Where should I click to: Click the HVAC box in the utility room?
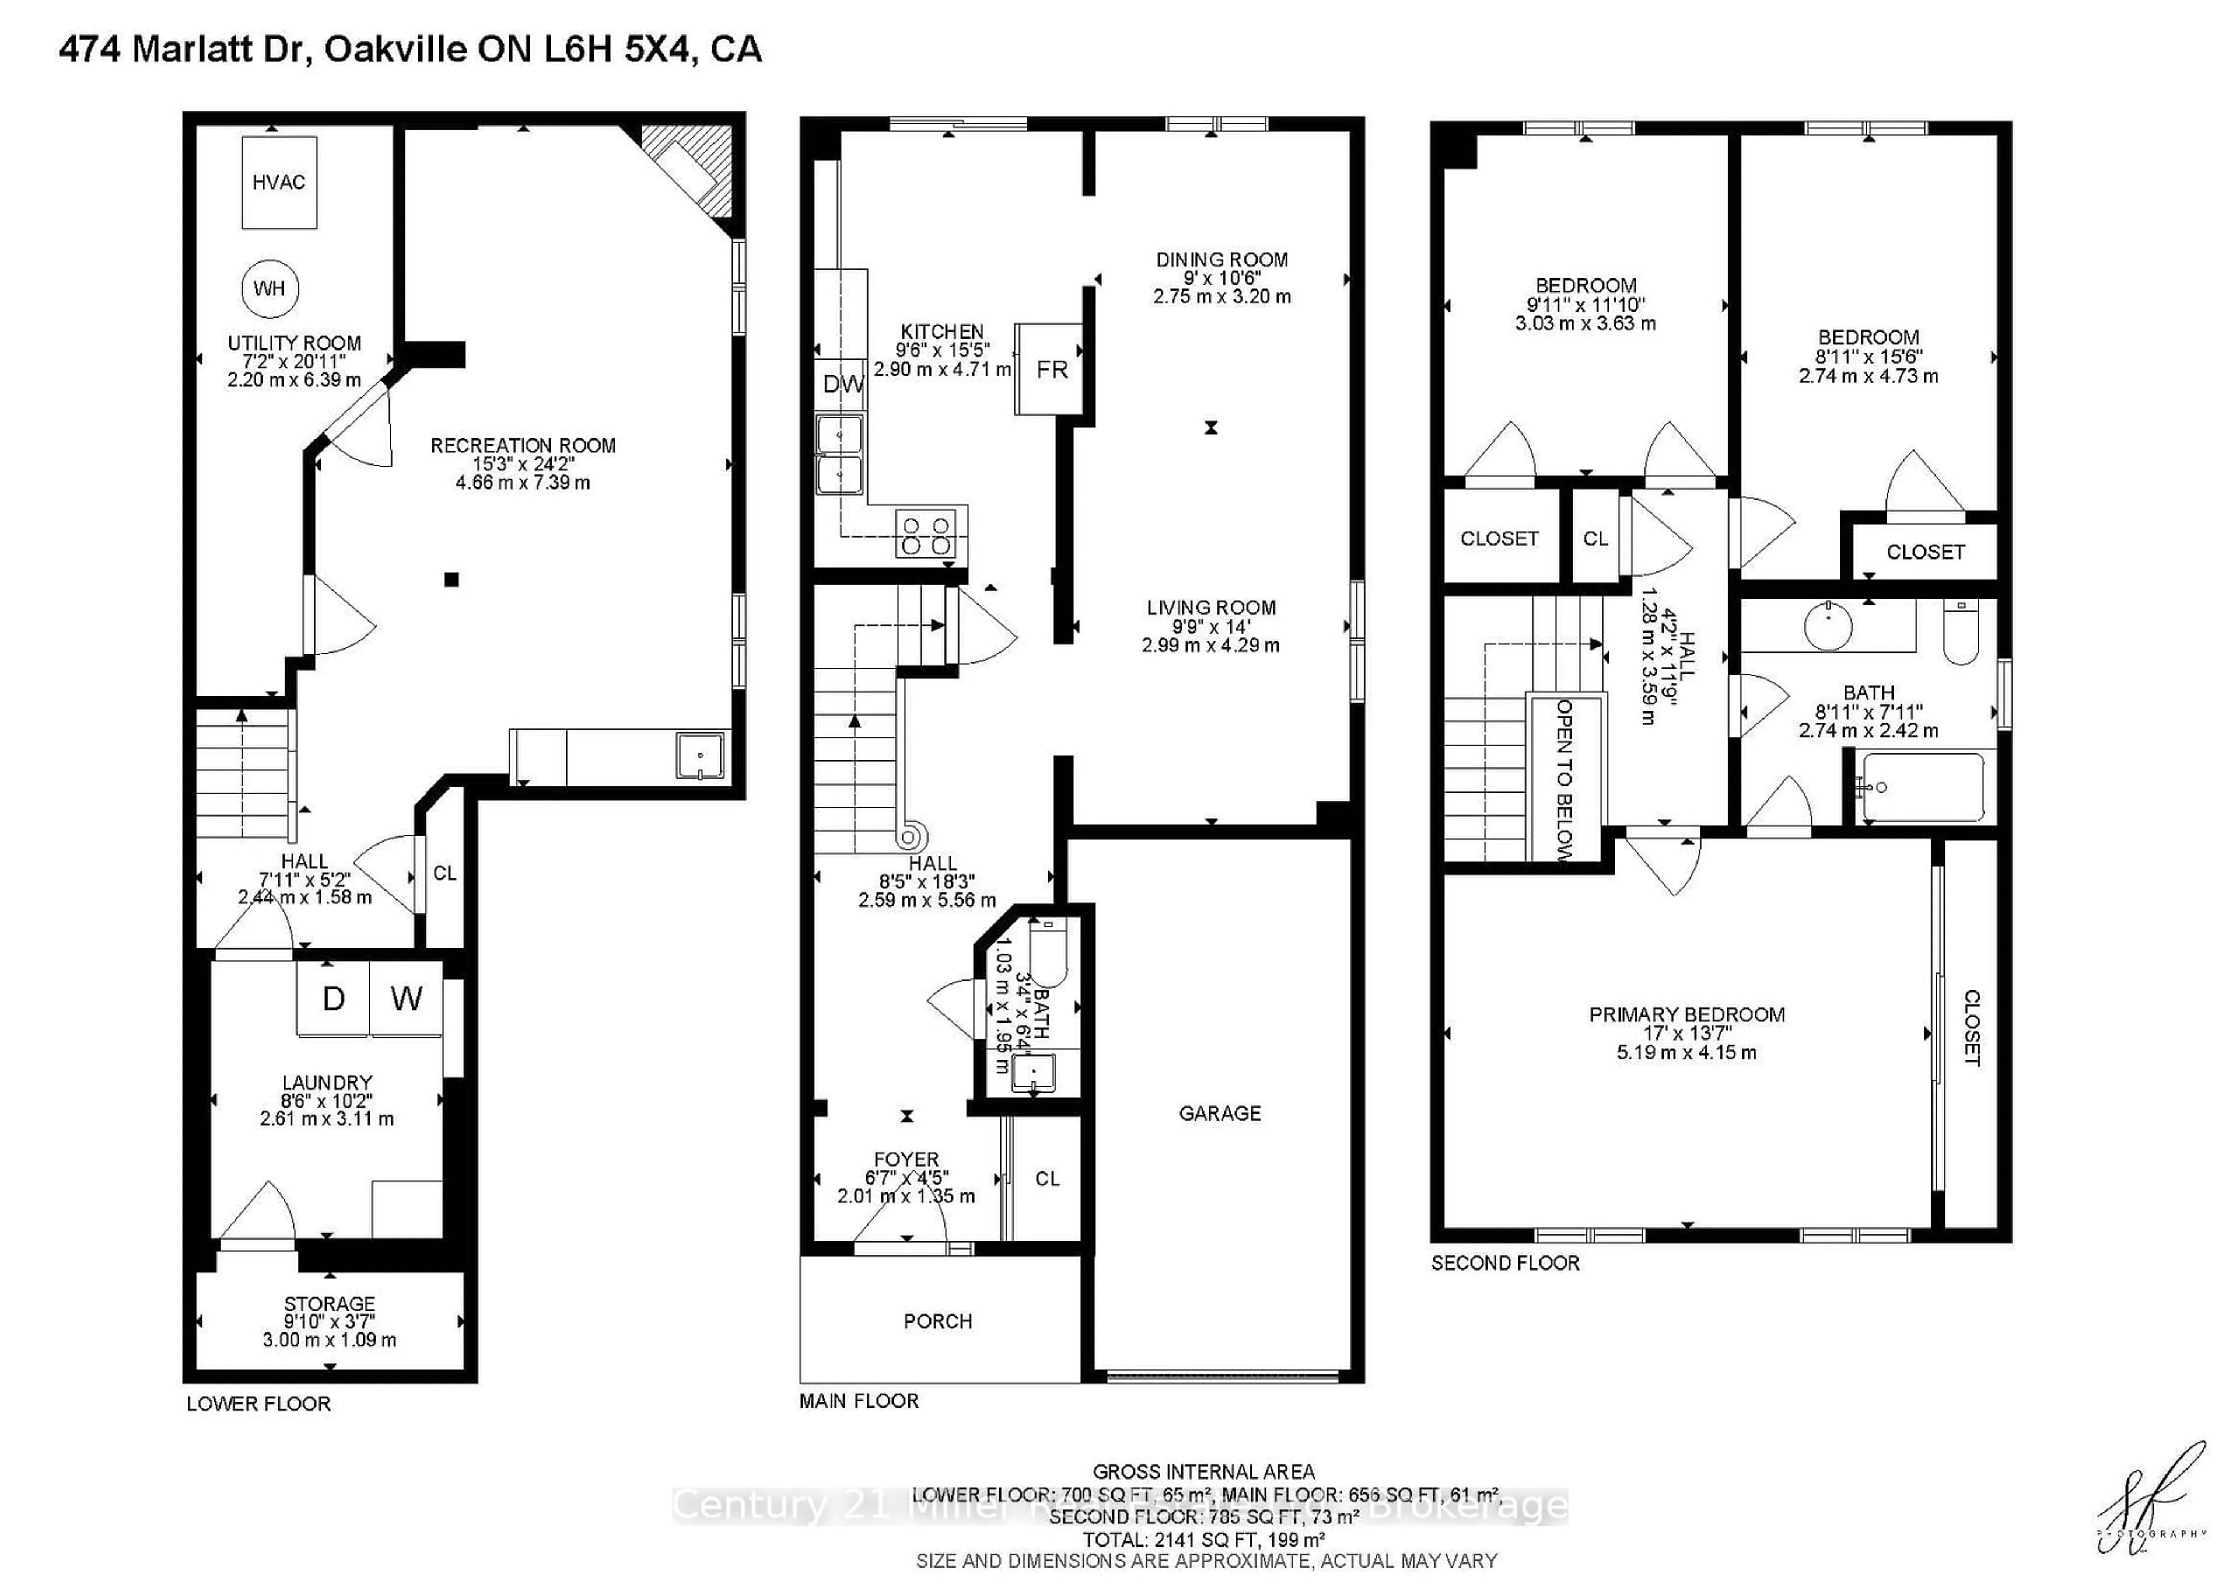(x=279, y=183)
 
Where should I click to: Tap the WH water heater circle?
(x=269, y=288)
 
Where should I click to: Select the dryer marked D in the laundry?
(x=334, y=999)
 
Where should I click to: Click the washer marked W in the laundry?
(x=406, y=999)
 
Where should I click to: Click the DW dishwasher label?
(x=842, y=383)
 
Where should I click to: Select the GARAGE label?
(x=1220, y=1112)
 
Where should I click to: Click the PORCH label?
(x=937, y=1321)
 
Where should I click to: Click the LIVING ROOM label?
(x=1211, y=607)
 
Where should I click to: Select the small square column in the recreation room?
(x=452, y=580)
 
